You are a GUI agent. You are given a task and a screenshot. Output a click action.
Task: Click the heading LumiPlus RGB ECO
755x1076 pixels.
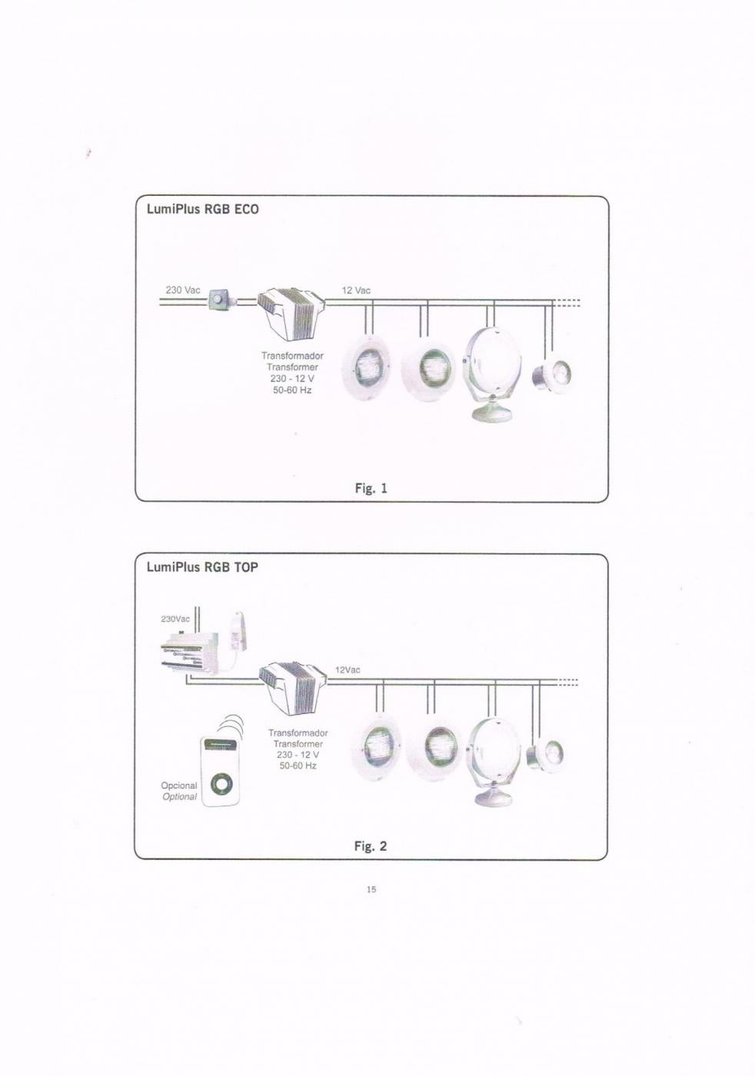coord(202,209)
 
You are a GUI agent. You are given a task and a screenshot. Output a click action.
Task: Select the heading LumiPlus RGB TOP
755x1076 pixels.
coord(202,567)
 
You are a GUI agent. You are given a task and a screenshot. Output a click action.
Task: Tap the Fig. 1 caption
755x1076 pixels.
coord(371,489)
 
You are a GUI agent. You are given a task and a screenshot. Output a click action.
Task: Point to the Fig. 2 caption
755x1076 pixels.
coord(371,846)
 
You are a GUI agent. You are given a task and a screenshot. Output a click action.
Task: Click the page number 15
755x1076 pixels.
coord(371,890)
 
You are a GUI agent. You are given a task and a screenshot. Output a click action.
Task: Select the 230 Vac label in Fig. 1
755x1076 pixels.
coord(183,291)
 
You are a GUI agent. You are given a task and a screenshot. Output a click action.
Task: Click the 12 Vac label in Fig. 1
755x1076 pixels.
coord(356,291)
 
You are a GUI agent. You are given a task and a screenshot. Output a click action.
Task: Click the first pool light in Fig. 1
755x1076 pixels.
coord(367,368)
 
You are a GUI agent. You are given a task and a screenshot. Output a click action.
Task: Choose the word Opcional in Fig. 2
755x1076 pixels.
coord(179,785)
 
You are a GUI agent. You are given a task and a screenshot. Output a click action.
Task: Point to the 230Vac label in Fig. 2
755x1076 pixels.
coord(175,619)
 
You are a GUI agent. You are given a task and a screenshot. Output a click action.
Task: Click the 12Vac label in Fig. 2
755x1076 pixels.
coord(348,670)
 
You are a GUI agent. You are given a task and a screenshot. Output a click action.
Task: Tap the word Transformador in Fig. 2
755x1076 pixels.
coord(298,733)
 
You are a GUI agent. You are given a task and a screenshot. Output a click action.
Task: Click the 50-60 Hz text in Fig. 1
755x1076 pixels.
coord(292,390)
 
